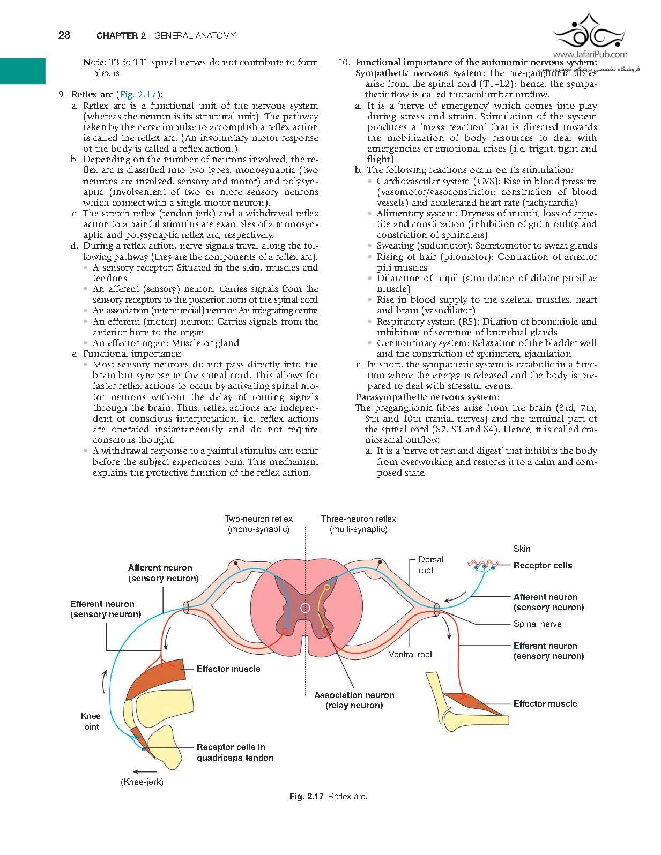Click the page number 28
coord(64,35)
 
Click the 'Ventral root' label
coord(410,654)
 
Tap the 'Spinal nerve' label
coord(537,624)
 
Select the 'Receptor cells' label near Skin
coord(543,565)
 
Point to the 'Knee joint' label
coord(91,721)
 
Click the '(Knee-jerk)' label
coord(142,782)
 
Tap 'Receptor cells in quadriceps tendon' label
coord(235,752)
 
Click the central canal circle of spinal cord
coord(305,607)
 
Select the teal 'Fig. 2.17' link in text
coord(138,95)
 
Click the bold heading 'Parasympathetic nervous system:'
coord(427,397)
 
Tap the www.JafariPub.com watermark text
coord(590,54)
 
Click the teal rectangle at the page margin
coord(23,71)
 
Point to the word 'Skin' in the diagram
coord(522,549)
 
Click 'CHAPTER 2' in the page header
coord(121,35)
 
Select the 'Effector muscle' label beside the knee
coord(228,669)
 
